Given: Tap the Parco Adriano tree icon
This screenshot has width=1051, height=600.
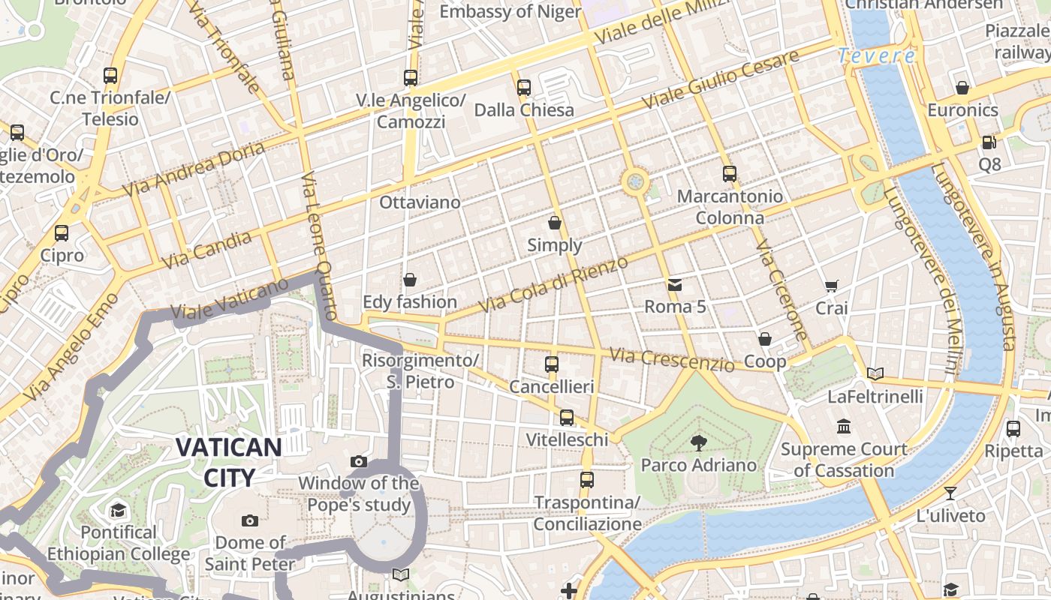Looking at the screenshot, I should (699, 442).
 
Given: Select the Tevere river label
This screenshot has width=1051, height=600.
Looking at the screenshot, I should (876, 55).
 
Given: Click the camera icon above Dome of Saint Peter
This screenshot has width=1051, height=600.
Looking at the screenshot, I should (250, 520).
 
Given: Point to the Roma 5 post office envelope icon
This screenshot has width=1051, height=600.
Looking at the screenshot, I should (674, 285).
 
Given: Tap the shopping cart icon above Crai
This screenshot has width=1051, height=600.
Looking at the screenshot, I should (831, 286).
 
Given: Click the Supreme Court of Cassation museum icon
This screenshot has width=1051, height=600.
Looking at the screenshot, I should (844, 426).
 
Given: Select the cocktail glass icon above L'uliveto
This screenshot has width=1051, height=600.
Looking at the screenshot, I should (950, 493).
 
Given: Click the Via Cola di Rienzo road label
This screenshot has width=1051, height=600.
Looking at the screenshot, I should (553, 285).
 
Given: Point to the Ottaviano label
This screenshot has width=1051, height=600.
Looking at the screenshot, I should (419, 202).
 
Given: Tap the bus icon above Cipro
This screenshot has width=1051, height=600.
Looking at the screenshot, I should (62, 233).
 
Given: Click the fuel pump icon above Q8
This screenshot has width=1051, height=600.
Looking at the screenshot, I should (989, 142).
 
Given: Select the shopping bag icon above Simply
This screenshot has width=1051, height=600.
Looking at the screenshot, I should (555, 223).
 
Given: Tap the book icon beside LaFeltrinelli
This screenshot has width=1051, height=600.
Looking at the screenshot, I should (875, 373).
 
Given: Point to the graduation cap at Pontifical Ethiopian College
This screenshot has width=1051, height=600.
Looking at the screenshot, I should (118, 511).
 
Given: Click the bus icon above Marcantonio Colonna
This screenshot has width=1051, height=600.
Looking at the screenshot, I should (729, 174).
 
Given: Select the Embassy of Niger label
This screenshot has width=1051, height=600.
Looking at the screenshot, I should (510, 11).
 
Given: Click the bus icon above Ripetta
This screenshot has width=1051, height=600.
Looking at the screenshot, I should (1013, 429).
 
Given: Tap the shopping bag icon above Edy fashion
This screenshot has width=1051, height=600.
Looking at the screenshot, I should (410, 280).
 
